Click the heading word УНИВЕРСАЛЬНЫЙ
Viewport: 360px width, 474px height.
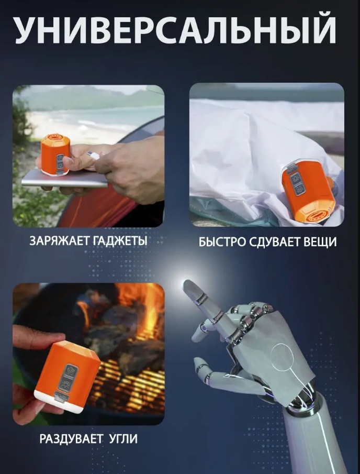[175, 30]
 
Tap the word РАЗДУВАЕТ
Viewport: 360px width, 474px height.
[71, 439]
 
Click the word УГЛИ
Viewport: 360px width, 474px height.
[122, 439]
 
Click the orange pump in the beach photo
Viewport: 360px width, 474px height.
[55, 154]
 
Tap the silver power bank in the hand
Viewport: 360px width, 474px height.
[65, 180]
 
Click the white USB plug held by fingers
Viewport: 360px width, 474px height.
[94, 155]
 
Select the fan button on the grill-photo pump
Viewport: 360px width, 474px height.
[70, 370]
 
